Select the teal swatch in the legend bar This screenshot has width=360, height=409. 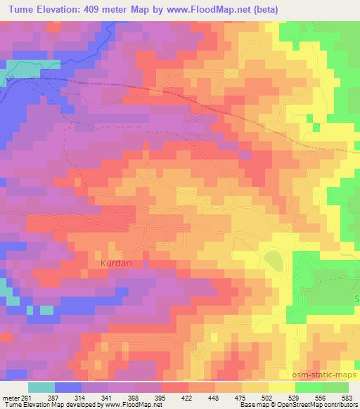(41, 387)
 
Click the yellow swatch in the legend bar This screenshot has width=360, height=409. (281, 387)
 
